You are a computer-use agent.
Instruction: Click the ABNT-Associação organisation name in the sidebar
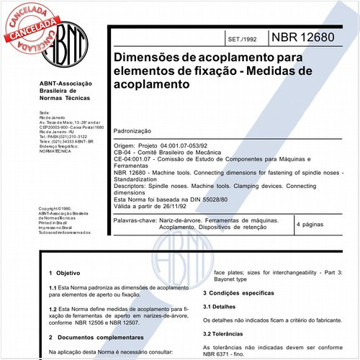pos(64,84)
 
